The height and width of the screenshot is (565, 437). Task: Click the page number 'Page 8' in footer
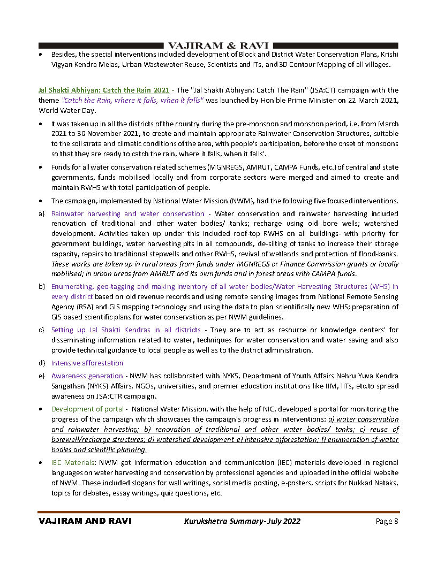tap(386, 521)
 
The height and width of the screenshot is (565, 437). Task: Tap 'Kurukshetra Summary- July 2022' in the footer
tap(242, 521)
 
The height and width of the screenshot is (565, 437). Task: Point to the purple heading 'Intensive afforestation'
tap(87, 363)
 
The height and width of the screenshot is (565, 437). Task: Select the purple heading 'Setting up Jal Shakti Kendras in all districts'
tap(126, 330)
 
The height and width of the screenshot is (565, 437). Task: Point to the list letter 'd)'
tap(41, 363)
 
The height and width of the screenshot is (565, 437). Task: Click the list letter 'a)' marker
tap(41, 213)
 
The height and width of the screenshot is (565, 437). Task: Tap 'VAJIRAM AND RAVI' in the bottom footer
tap(85, 521)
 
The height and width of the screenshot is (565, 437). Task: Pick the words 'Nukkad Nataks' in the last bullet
tap(372, 483)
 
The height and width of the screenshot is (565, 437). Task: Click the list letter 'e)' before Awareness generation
tap(41, 376)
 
